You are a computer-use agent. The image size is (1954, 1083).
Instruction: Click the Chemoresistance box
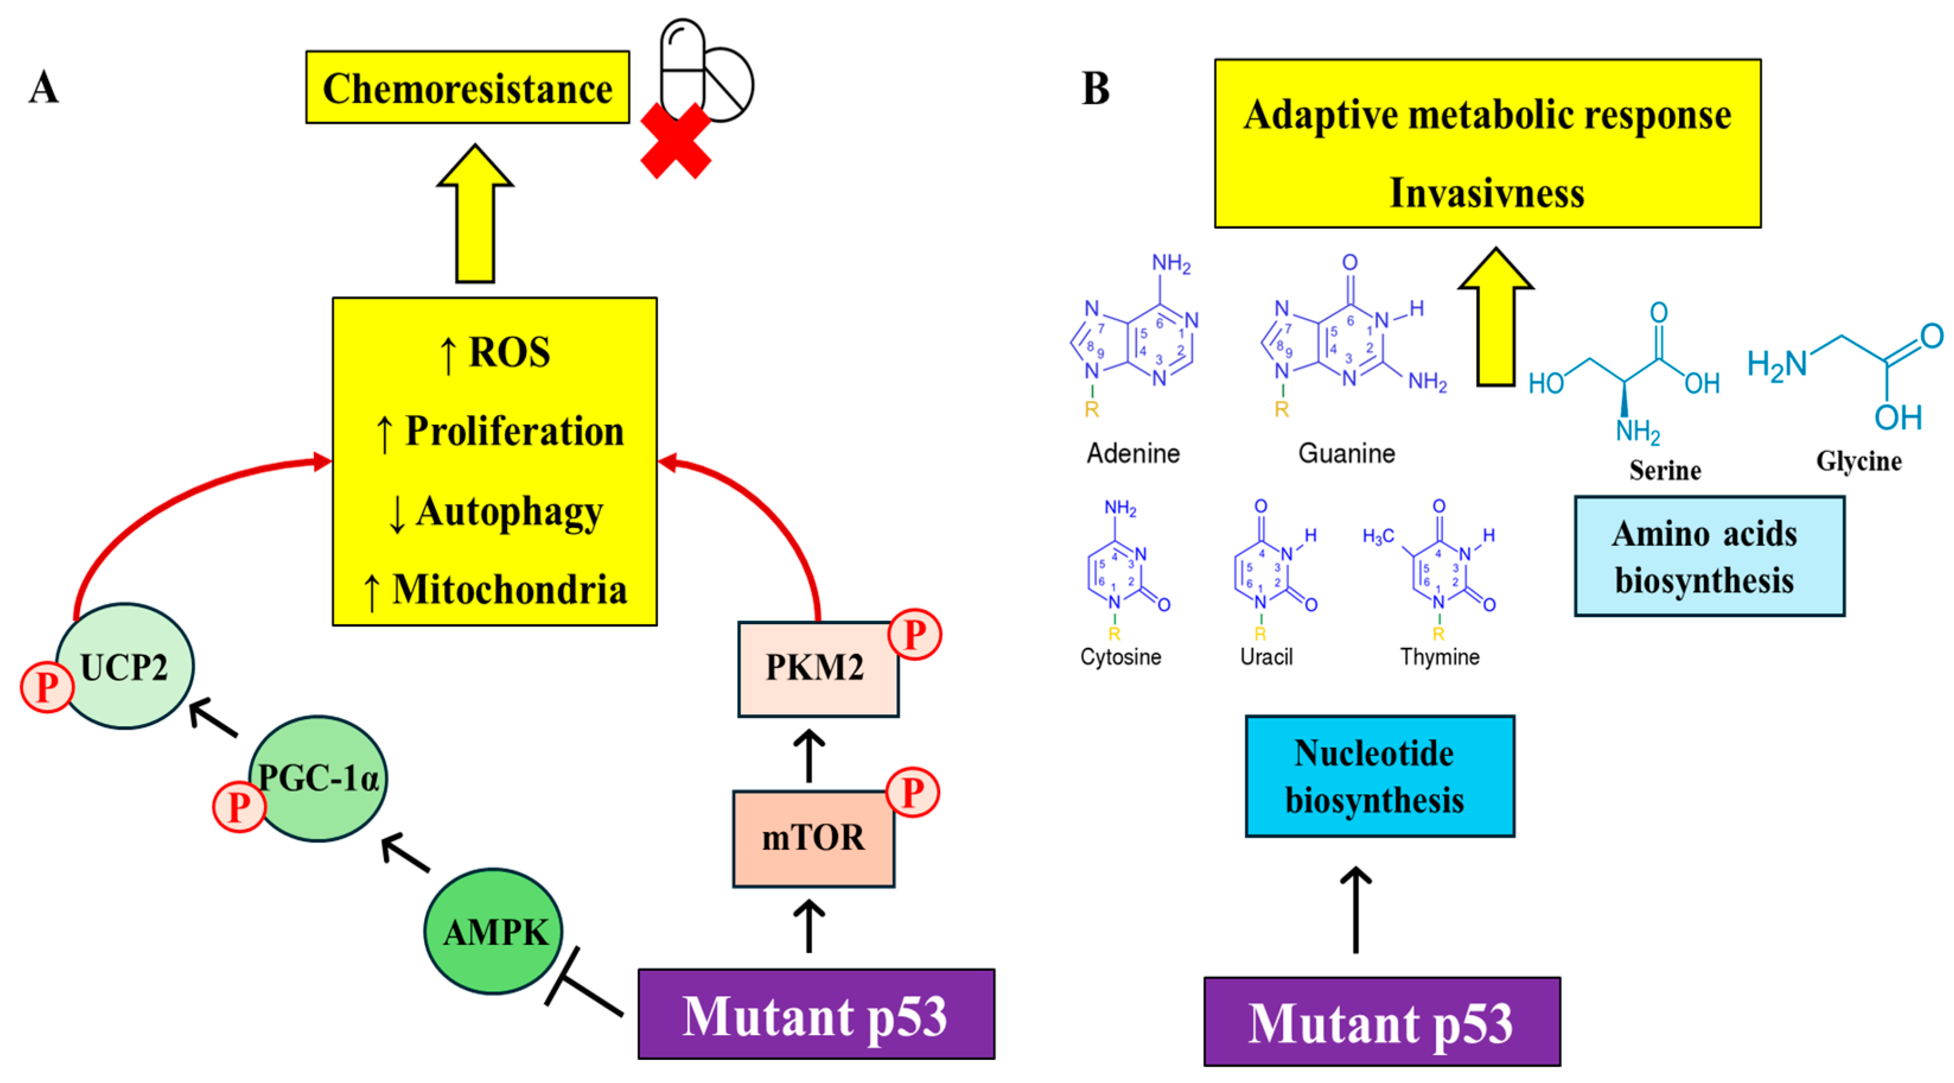pos(467,87)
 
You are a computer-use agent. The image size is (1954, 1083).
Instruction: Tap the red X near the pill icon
pos(675,141)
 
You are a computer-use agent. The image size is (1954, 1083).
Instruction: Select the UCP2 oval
pos(125,666)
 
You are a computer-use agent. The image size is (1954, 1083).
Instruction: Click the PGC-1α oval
pos(318,778)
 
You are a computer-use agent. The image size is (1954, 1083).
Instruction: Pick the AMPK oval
pos(494,931)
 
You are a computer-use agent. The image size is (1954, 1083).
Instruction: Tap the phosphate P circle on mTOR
pos(913,792)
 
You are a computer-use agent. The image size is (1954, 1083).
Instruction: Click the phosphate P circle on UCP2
pos(47,687)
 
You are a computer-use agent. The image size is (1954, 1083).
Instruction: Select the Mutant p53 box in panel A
pos(815,1015)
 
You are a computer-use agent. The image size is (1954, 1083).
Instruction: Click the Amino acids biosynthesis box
pos(1708,557)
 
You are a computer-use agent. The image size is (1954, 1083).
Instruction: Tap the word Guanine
pos(1346,453)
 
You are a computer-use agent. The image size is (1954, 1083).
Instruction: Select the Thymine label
pos(1439,657)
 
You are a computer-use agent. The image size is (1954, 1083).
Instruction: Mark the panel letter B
pos(1095,89)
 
